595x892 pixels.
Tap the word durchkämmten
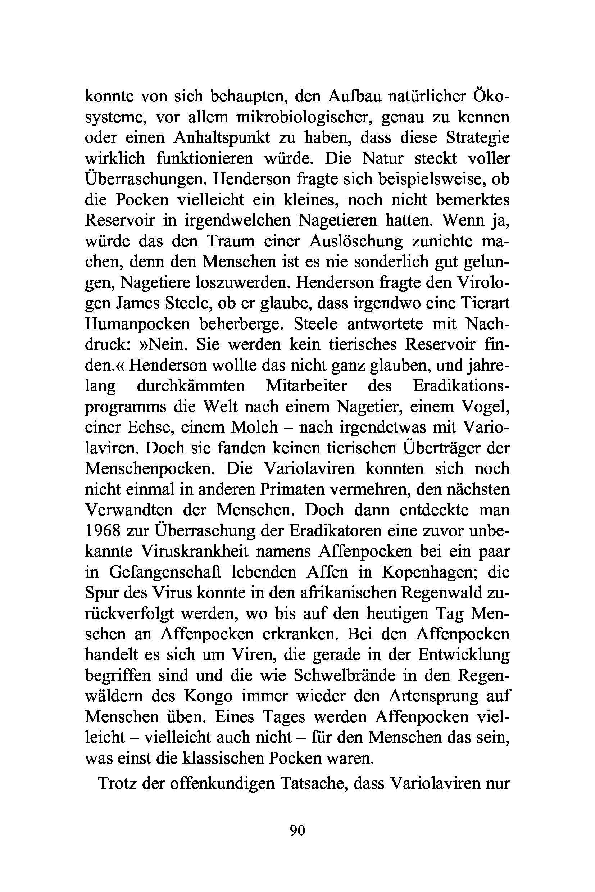coord(191,386)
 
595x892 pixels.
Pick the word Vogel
coord(484,407)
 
